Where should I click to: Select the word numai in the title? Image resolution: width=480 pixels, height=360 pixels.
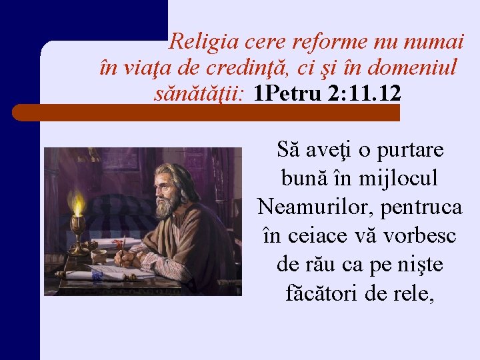[x=436, y=43]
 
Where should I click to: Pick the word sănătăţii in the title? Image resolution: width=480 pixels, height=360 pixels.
[x=201, y=93]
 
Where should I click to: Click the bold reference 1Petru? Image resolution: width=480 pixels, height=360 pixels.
[x=289, y=93]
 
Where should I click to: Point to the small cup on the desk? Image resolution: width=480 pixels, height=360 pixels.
[x=98, y=257]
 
